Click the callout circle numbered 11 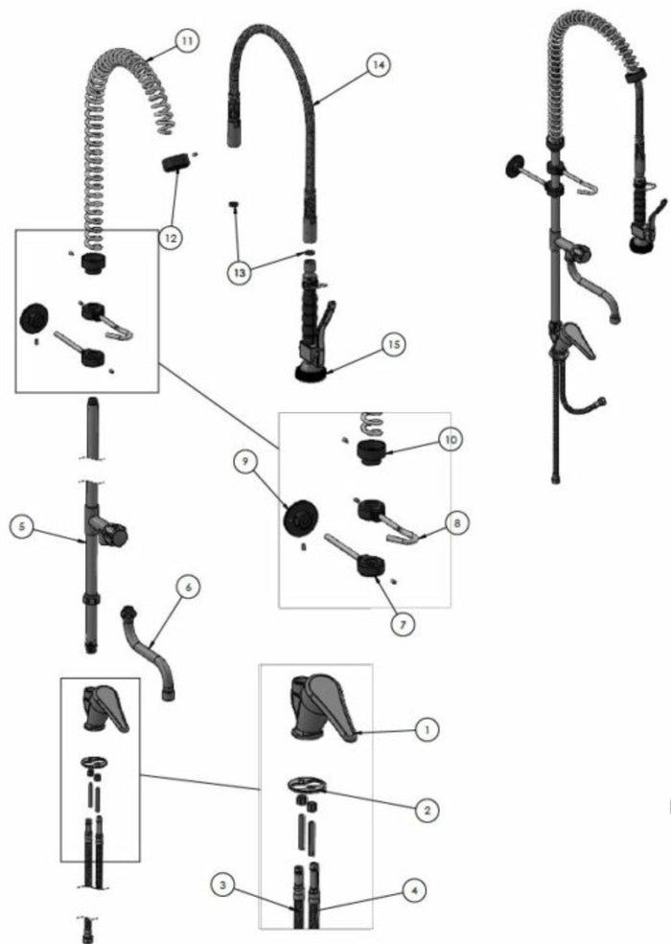pyautogui.click(x=186, y=42)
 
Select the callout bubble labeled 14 pyautogui.click(x=378, y=65)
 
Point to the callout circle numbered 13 pyautogui.click(x=240, y=272)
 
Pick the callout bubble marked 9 pyautogui.click(x=245, y=462)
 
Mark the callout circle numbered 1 pyautogui.click(x=426, y=729)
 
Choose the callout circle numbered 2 pyautogui.click(x=426, y=810)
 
